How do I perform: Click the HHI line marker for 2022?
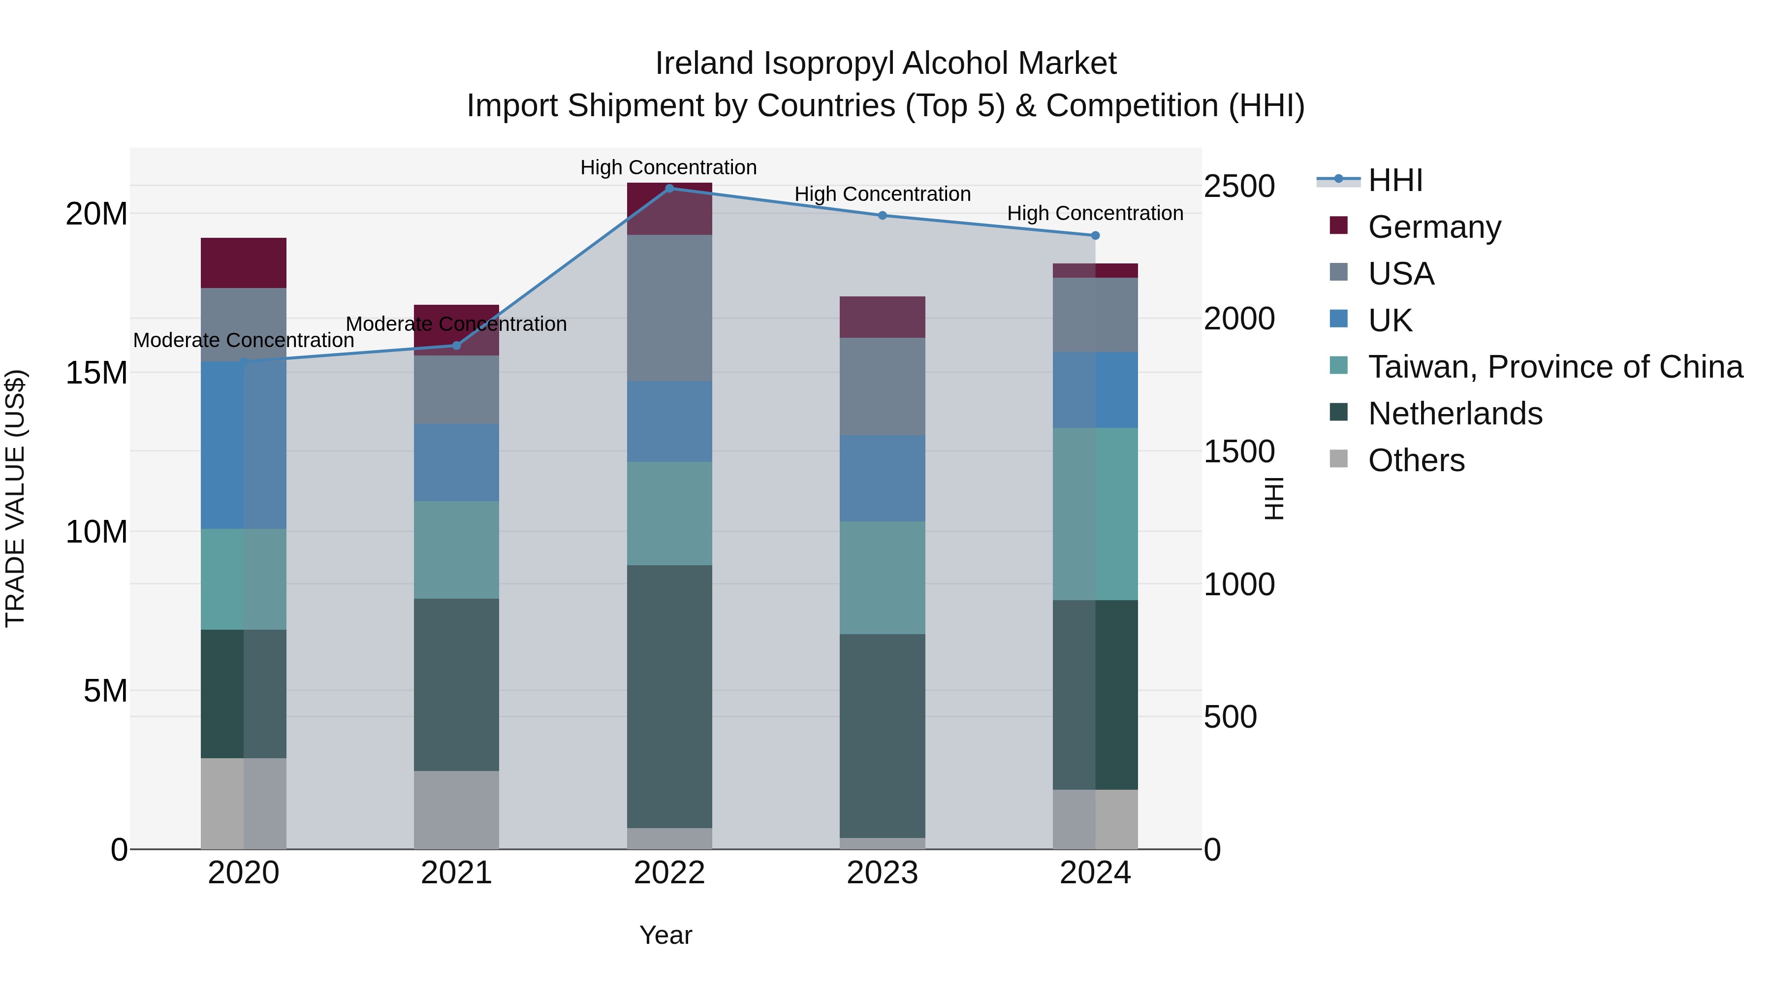[669, 188]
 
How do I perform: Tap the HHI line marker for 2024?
[1095, 235]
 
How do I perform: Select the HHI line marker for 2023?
[883, 215]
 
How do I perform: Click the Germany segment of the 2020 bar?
[244, 263]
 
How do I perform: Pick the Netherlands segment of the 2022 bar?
[669, 696]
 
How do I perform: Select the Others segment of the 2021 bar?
[456, 810]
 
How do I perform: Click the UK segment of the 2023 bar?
[883, 478]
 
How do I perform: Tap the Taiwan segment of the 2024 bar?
[1095, 514]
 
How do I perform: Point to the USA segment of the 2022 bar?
[669, 308]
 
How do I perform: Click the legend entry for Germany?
[1434, 227]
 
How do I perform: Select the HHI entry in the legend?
[1395, 180]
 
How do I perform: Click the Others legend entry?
[1416, 460]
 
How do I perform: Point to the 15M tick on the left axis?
[96, 373]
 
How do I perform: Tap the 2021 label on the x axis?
[456, 873]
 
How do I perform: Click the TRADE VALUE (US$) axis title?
[16, 498]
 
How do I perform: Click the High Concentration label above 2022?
[668, 167]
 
